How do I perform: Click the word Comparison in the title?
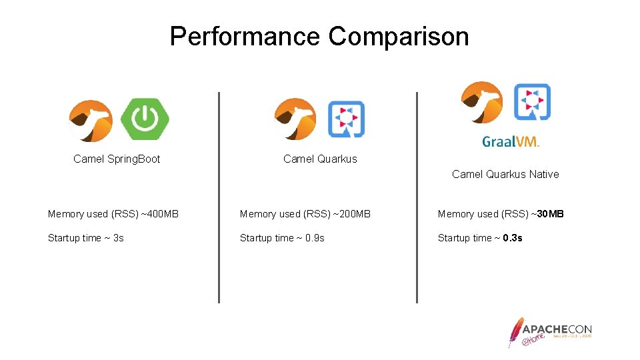[x=399, y=37]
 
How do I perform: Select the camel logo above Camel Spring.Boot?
[x=91, y=121]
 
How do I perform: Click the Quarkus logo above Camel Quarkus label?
[x=346, y=119]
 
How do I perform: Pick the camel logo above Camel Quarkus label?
[x=295, y=119]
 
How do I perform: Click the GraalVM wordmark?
[x=511, y=141]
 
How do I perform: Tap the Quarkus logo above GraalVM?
[x=532, y=101]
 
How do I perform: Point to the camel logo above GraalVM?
[x=481, y=102]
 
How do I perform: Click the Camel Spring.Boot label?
[x=117, y=159]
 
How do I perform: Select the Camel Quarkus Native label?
[x=505, y=175]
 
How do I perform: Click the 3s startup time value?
[x=118, y=238]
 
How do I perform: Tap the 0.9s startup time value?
[x=315, y=238]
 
